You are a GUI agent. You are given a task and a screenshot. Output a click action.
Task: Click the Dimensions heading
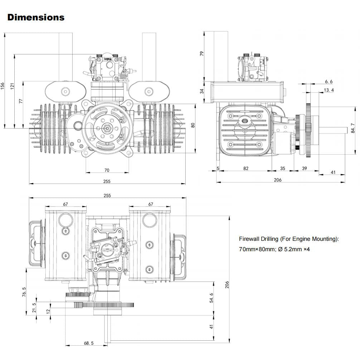36,17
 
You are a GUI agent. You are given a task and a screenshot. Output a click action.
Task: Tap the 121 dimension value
12,86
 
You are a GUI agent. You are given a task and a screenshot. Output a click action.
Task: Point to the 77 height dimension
21,101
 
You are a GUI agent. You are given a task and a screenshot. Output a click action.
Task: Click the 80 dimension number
193,125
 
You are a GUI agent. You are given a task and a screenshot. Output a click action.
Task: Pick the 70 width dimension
107,170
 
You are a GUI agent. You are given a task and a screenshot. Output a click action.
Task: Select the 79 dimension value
202,54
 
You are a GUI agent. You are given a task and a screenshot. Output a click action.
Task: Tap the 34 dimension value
202,91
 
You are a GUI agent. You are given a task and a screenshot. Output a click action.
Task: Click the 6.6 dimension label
328,82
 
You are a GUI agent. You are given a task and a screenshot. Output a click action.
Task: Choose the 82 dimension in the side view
245,168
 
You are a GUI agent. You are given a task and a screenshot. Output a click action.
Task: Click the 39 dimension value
305,168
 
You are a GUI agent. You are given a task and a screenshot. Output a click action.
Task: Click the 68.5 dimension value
89,343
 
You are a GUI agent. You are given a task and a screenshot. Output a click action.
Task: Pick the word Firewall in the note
249,239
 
